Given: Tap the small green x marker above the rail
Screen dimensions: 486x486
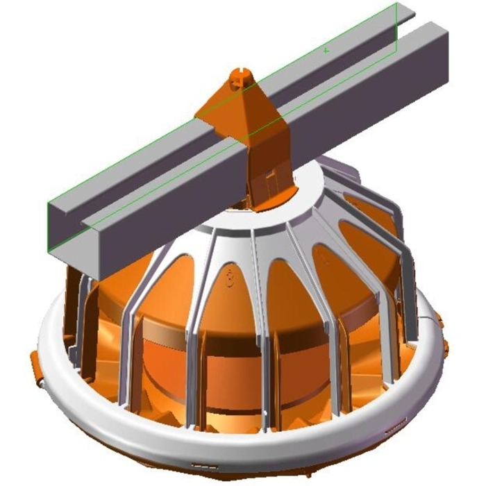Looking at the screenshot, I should (x=326, y=50).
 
